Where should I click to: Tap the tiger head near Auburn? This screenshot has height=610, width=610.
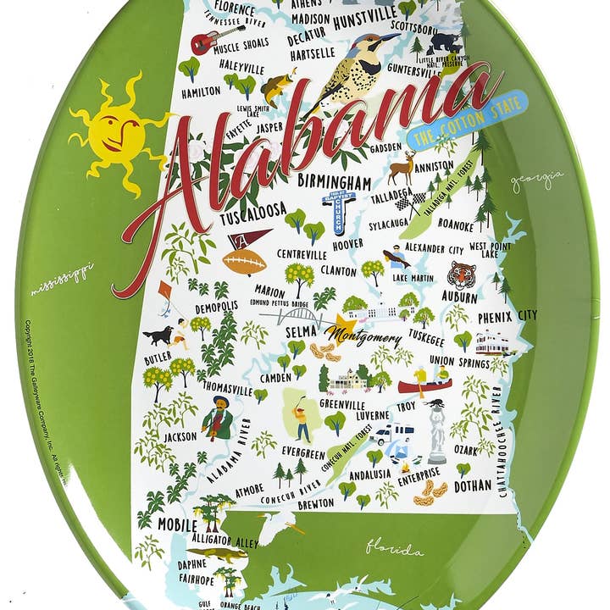coord(463,276)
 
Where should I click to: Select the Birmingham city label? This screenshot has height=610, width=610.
coord(334,183)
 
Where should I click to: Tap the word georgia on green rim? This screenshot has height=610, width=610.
coord(536,180)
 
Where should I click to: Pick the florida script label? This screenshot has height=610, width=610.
coord(394,549)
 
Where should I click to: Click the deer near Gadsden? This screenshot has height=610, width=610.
coord(402,168)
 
